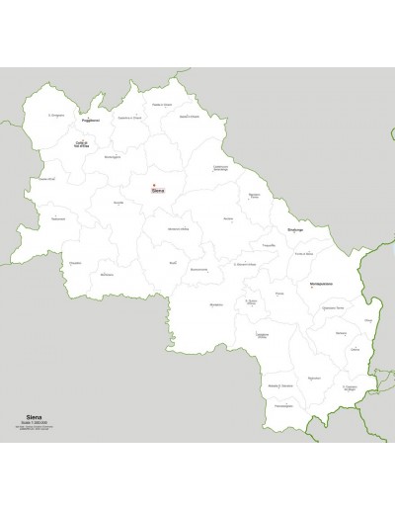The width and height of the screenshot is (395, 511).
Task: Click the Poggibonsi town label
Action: (x=91, y=122)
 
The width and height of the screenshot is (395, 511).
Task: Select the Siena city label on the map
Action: (x=159, y=191)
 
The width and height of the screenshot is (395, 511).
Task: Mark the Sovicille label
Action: (x=118, y=202)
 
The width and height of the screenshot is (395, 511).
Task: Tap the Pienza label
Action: (x=278, y=294)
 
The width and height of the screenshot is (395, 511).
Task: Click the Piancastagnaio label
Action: (x=281, y=406)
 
